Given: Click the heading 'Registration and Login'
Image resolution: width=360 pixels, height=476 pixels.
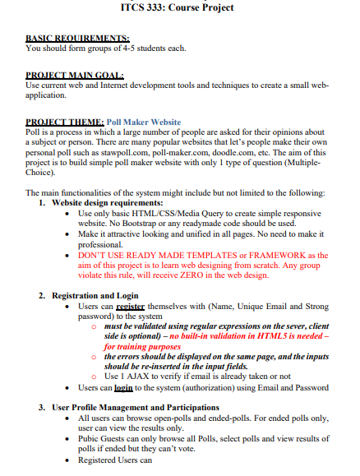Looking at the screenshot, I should pos(95,294).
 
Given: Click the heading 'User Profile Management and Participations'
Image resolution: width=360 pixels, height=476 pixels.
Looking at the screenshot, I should pos(141,407).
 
